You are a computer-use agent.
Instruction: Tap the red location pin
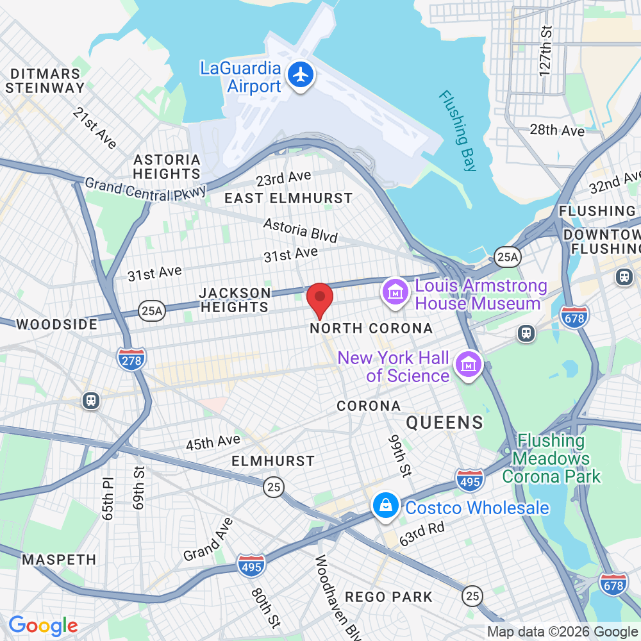coord(320,299)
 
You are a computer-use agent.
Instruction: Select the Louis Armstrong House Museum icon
coord(395,294)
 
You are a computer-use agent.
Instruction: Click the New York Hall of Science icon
coord(468,366)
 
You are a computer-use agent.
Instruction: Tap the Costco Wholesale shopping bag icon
coord(387,506)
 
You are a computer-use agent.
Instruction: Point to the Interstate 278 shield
coord(131,360)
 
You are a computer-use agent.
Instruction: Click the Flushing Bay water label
coord(458,131)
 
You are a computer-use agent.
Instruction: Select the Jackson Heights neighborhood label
coord(235,300)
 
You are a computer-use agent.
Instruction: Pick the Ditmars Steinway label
coord(45,81)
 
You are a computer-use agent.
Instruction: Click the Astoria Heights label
coord(167,167)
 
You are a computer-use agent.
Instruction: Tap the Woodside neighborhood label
coord(57,324)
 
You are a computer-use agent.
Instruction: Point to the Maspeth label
coord(59,560)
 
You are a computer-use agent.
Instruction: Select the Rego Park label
coord(389,597)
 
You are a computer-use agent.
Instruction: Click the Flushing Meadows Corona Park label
coord(551,458)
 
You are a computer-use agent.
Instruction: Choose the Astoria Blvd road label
coord(301,231)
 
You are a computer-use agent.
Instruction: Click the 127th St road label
coord(545,51)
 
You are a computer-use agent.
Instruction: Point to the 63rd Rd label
coord(422,533)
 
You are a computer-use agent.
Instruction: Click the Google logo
coord(43,626)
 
